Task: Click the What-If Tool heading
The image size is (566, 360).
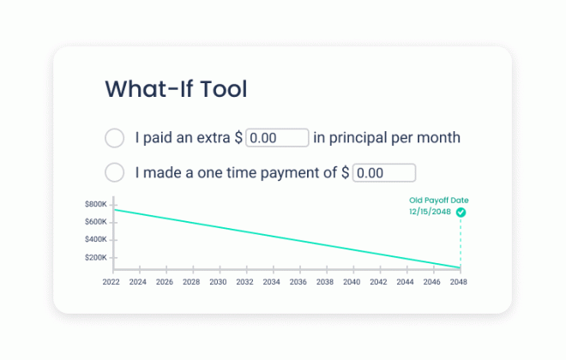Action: pyautogui.click(x=176, y=89)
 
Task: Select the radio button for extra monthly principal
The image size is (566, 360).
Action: pyautogui.click(x=114, y=138)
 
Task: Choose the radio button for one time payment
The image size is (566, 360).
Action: pyautogui.click(x=114, y=172)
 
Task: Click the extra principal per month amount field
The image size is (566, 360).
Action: pyautogui.click(x=277, y=137)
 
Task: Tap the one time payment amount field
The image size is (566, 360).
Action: pyautogui.click(x=384, y=173)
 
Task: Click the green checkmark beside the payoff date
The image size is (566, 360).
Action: pyautogui.click(x=461, y=213)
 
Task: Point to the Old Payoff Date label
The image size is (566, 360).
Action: pyautogui.click(x=438, y=201)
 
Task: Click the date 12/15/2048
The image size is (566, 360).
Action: pyautogui.click(x=430, y=212)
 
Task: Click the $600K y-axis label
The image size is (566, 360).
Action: pyautogui.click(x=96, y=222)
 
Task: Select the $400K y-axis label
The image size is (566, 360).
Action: pyautogui.click(x=96, y=239)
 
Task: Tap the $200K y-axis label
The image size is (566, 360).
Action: pyautogui.click(x=96, y=257)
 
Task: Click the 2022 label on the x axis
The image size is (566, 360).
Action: pyautogui.click(x=111, y=282)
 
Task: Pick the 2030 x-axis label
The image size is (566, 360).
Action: pyautogui.click(x=218, y=282)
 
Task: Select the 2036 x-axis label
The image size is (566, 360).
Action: pyautogui.click(x=298, y=282)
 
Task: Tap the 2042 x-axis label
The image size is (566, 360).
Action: pyautogui.click(x=378, y=282)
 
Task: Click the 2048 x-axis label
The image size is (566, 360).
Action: pyautogui.click(x=459, y=282)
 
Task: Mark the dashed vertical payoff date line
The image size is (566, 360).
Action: pyautogui.click(x=461, y=243)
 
